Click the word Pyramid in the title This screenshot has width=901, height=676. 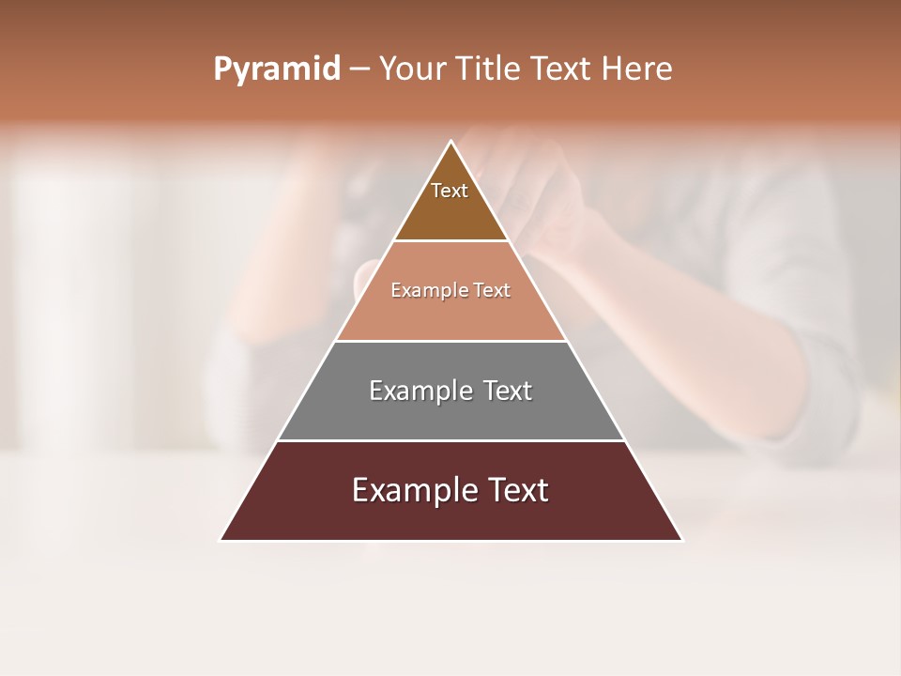click(276, 69)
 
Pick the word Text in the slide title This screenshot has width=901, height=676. click(565, 69)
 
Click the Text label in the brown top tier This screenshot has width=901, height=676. click(450, 191)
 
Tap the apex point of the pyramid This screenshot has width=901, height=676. click(450, 142)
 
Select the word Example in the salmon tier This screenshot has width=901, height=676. click(425, 290)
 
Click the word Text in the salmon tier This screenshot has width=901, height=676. click(492, 290)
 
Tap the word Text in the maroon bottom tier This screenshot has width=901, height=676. click(515, 490)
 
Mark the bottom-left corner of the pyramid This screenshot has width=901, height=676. click(221, 540)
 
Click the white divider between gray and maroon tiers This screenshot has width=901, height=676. click(450, 440)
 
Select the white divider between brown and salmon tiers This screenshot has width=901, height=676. click(450, 241)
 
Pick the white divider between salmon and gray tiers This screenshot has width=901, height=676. click(450, 341)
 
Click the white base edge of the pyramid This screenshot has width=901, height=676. click(450, 541)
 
